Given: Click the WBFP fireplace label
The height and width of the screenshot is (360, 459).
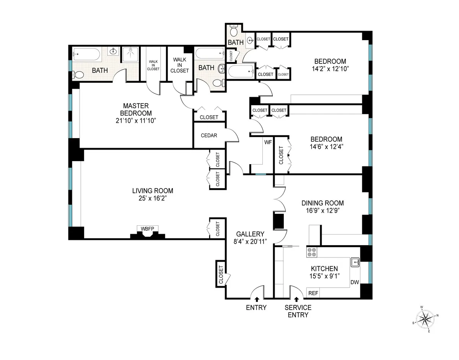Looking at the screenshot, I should [147, 229].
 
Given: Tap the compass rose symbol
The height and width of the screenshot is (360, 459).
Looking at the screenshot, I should [426, 318].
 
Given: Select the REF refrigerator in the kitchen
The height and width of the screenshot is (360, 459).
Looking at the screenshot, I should [313, 293].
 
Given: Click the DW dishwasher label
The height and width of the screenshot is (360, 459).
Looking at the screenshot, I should [355, 282].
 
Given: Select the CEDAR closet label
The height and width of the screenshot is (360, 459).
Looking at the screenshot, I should [209, 135].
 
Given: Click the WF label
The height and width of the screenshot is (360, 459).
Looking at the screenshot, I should [268, 142].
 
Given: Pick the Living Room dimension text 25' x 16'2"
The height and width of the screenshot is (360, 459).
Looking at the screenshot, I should [153, 199].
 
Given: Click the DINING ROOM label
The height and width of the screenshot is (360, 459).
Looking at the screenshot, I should [322, 203].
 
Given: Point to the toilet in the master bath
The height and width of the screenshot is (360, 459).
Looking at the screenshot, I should [78, 75].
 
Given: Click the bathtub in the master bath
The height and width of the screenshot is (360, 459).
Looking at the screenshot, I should [86, 55].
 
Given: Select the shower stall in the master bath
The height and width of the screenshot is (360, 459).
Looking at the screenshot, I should [130, 55].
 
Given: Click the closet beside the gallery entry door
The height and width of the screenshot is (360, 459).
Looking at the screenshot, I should [221, 273].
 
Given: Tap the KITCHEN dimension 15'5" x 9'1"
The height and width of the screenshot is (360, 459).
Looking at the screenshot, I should [324, 276].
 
